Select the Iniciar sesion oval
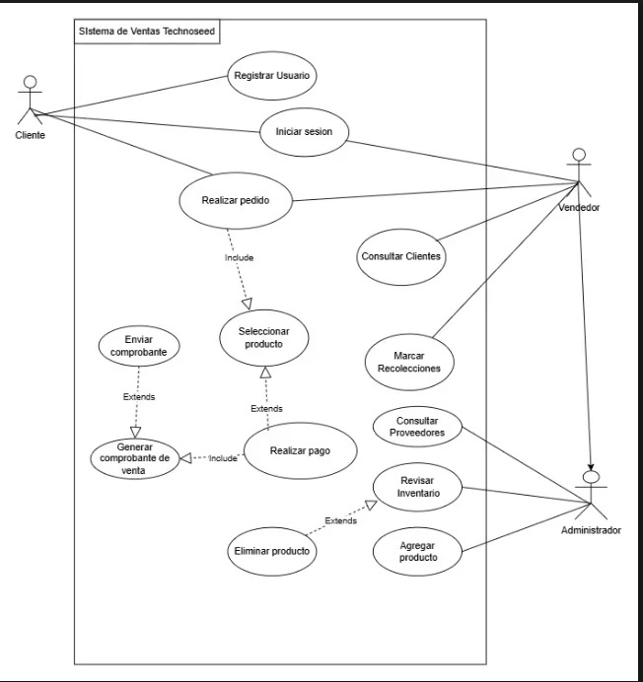click(305, 132)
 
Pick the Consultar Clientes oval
click(400, 257)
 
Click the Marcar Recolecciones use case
click(409, 362)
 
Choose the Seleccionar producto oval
click(263, 338)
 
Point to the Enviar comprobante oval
click(138, 345)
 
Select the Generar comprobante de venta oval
click(136, 457)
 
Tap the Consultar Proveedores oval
click(418, 426)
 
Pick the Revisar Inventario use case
click(418, 486)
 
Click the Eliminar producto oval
click(271, 551)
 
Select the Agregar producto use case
click(418, 551)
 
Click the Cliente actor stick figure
click(31, 99)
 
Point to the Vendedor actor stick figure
click(579, 173)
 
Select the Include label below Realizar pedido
click(239, 257)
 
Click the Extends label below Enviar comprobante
click(138, 397)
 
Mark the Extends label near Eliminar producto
click(340, 520)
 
